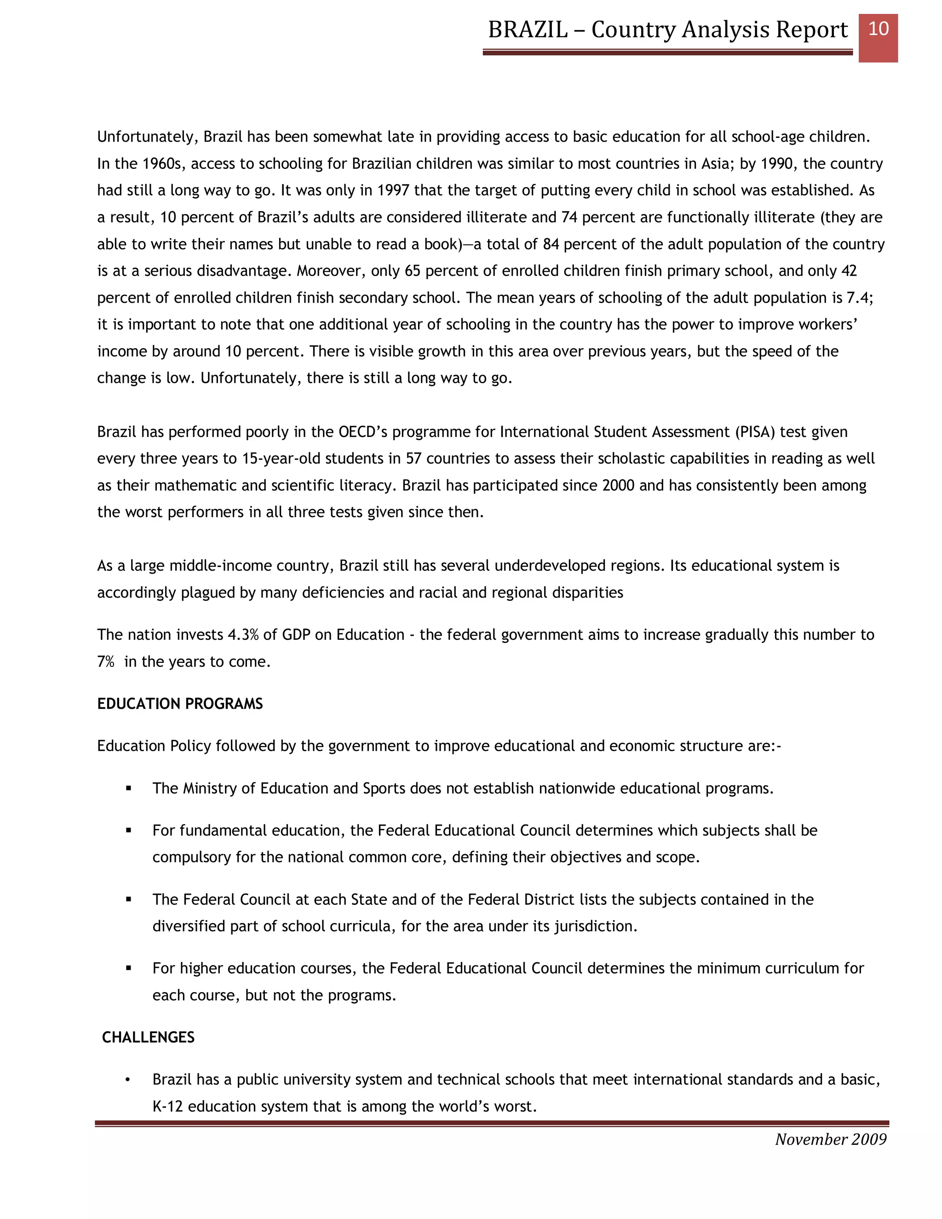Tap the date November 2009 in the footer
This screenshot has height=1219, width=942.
click(830, 1139)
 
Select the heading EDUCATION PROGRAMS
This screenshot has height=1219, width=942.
click(180, 704)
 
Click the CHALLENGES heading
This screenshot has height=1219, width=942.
click(148, 1037)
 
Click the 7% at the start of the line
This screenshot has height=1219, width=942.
click(105, 661)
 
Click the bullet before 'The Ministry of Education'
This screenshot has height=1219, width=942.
click(129, 788)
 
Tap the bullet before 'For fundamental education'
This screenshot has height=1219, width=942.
click(129, 830)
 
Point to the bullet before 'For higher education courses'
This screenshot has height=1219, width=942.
click(129, 968)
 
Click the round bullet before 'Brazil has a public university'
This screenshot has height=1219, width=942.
click(128, 1080)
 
